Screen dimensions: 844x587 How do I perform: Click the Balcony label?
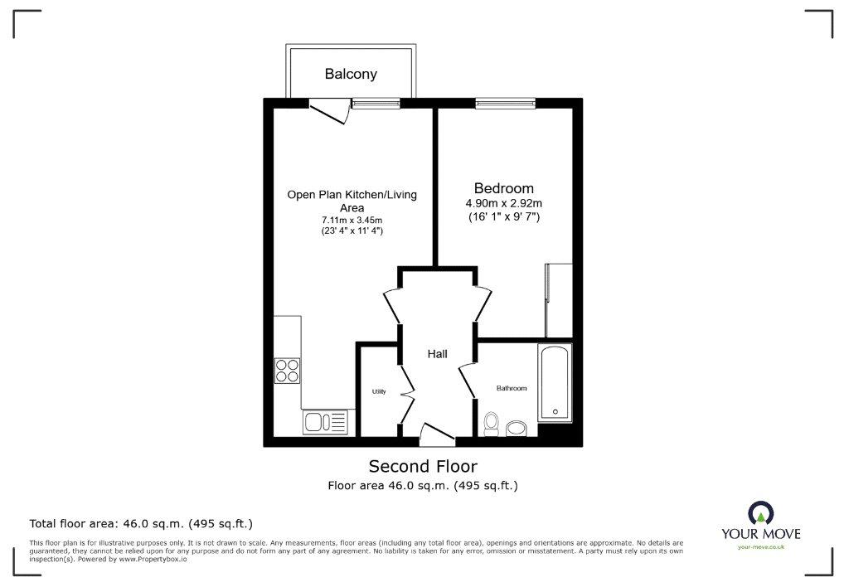351,74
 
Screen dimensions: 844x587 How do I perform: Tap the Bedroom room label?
504,188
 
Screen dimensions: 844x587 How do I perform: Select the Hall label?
437,354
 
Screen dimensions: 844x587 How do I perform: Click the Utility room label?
379,391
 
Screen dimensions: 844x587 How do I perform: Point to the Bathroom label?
512,388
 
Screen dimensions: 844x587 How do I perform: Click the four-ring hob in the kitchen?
288,371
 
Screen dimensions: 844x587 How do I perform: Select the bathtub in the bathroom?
555,382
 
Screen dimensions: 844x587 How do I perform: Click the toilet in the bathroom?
492,424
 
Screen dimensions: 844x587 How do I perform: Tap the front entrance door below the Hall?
437,434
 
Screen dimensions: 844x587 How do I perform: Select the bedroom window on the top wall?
505,103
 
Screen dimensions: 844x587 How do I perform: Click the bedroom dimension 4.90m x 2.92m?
504,203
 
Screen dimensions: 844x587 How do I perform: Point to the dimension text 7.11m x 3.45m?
352,220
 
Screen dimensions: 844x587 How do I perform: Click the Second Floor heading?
423,466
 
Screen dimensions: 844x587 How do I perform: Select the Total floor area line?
141,523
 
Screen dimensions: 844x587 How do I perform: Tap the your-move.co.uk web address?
761,547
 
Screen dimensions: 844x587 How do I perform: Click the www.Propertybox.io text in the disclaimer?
153,560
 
